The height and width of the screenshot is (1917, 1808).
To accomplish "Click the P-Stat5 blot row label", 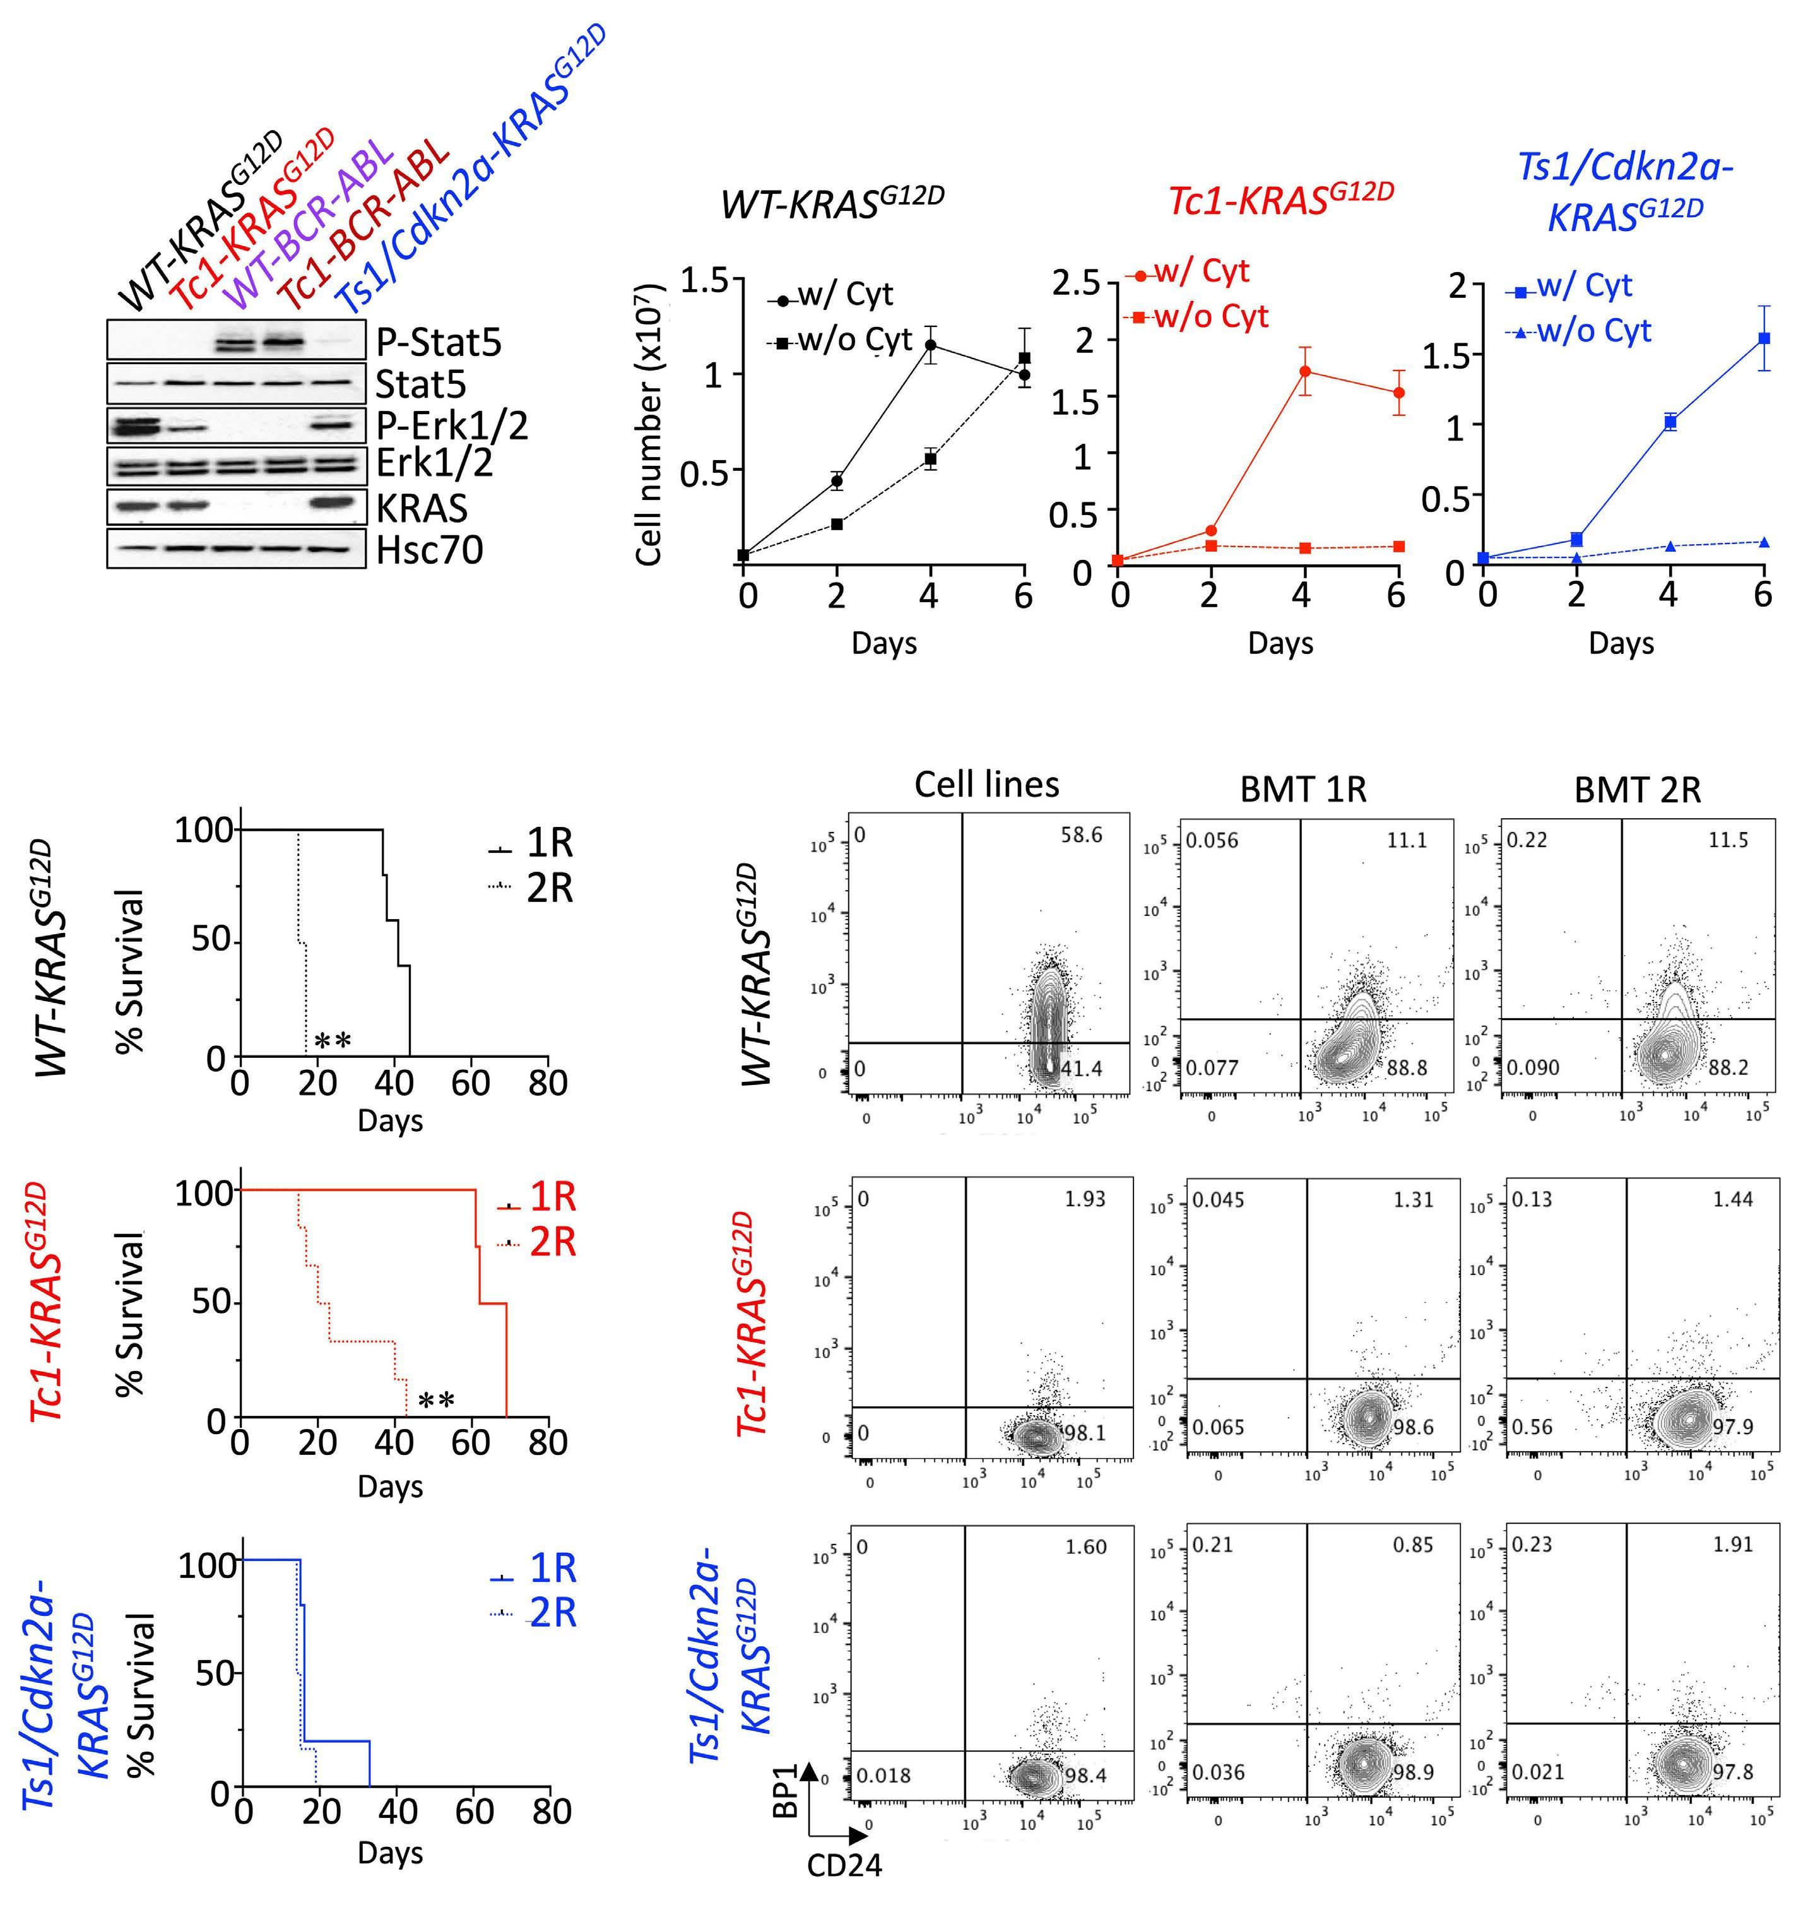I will click(439, 342).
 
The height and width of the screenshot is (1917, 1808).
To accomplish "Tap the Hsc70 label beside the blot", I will click(429, 550).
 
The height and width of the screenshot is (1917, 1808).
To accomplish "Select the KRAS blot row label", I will click(422, 507).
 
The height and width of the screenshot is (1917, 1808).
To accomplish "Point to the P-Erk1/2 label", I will click(451, 425).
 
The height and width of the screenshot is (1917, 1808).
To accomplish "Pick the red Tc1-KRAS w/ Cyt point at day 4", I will click(1304, 371).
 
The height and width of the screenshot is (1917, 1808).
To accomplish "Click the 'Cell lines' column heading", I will click(986, 785).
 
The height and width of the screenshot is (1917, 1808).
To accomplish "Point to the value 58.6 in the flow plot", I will click(1081, 835).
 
